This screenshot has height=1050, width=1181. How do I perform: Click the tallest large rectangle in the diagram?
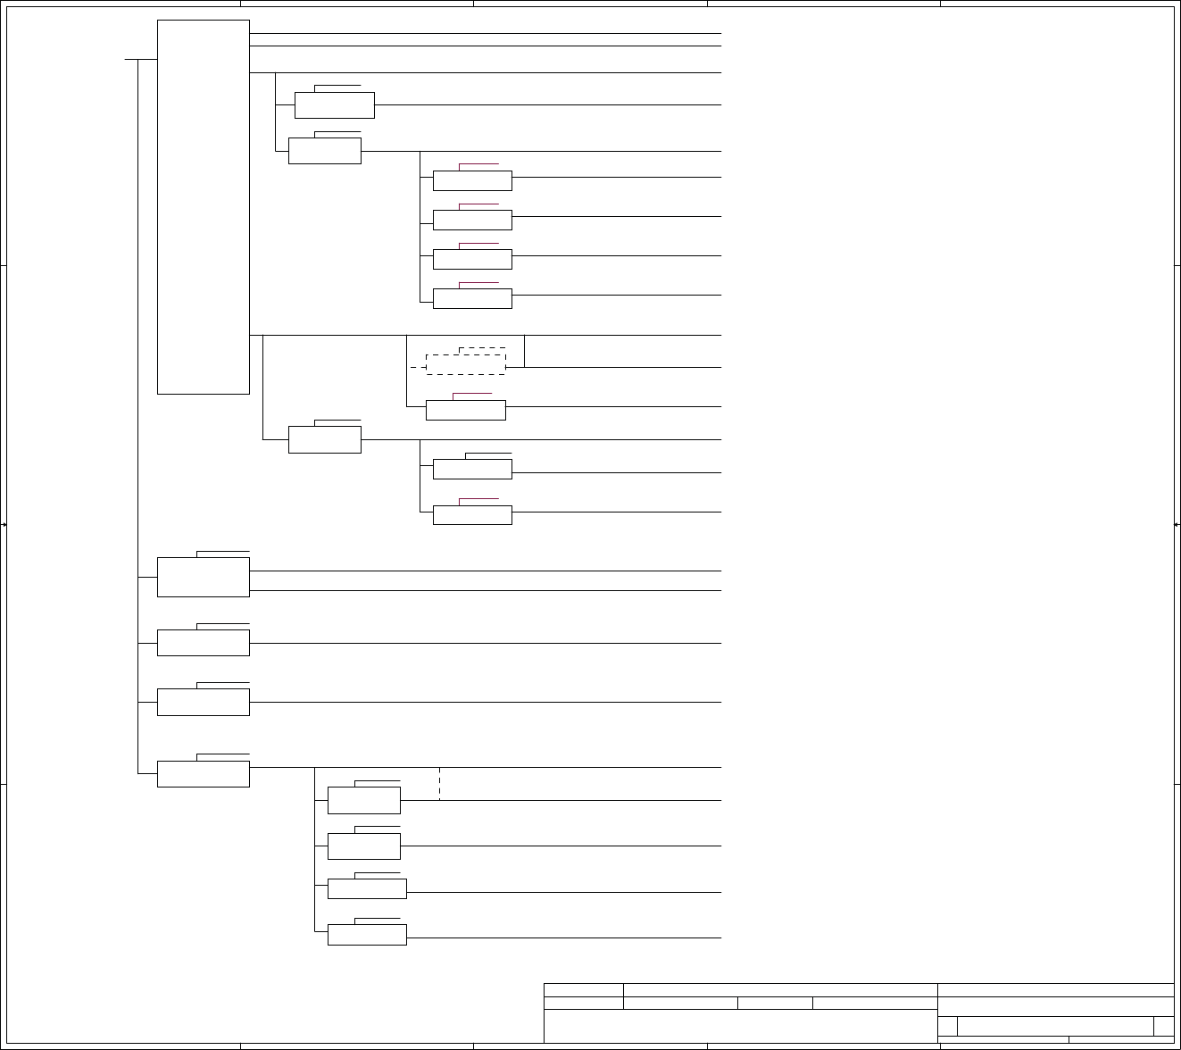coord(203,206)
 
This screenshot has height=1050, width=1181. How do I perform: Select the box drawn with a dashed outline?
coord(466,364)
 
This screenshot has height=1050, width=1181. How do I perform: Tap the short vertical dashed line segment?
coord(439,783)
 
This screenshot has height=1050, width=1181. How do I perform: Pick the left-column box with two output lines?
coord(203,577)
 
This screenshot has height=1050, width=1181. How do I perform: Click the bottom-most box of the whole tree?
coord(367,935)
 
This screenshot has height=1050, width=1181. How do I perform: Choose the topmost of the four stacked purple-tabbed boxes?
coord(472,180)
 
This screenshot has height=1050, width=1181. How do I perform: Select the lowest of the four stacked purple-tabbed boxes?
coord(472,298)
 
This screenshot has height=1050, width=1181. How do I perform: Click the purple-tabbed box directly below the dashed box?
coord(466,410)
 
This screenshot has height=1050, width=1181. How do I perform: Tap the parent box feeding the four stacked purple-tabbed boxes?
coord(325,151)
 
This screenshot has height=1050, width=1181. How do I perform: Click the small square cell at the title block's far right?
coord(1163,1026)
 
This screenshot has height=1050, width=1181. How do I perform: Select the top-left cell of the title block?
coord(584,989)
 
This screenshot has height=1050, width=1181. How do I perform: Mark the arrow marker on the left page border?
coord(4,525)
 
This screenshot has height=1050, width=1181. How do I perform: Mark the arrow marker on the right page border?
coord(1177,525)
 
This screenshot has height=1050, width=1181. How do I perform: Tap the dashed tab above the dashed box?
coord(482,348)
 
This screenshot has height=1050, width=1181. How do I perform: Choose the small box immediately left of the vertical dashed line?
coord(363,800)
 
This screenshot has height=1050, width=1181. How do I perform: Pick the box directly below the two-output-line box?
coord(203,643)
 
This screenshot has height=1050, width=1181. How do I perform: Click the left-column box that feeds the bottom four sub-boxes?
coord(203,774)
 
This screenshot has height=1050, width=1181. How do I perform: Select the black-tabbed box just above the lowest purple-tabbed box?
coord(472,469)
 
